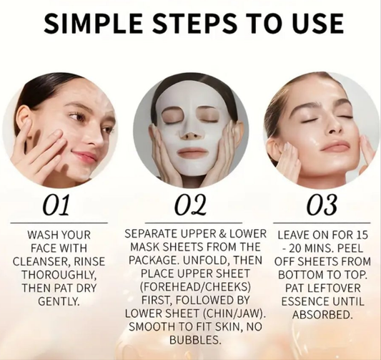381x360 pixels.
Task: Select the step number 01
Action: pyautogui.click(x=56, y=205)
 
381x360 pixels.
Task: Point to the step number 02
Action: pyautogui.click(x=190, y=205)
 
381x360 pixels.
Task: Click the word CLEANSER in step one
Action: pyautogui.click(x=41, y=261)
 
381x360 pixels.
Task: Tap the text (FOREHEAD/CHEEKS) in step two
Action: pyautogui.click(x=190, y=287)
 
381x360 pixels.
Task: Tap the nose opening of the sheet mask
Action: pyautogui.click(x=190, y=134)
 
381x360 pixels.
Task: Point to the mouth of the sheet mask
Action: pyautogui.click(x=190, y=152)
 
